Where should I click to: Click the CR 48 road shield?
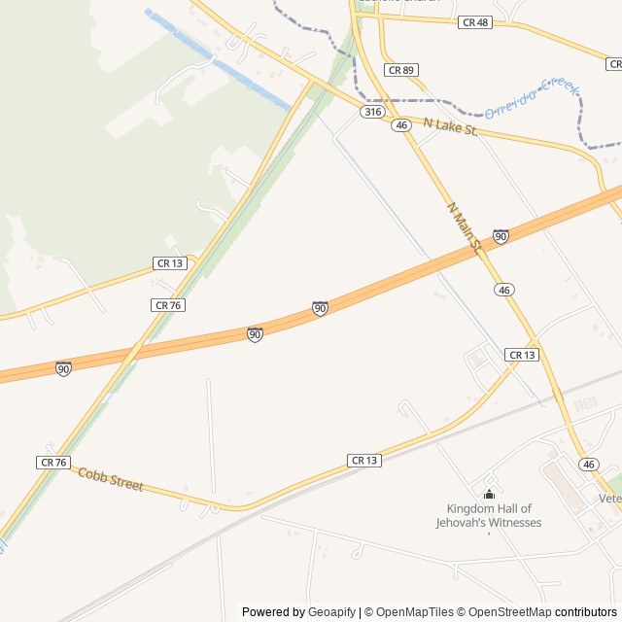coord(474,21)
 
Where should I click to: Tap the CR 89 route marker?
coord(401,70)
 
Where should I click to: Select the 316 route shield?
coord(372,113)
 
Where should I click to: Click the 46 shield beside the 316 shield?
coord(401,125)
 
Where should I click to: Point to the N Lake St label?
coord(450,126)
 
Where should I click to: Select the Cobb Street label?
coord(111,479)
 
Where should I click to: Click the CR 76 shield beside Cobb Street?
coord(53,463)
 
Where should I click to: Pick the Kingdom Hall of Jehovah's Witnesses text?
coord(489,515)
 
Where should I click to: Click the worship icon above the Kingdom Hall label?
coord(489,495)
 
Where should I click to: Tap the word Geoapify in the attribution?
coord(332,612)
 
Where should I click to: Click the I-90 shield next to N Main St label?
coord(501,236)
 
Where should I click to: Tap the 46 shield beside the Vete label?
coord(589,465)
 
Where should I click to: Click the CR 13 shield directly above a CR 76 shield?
coord(169,263)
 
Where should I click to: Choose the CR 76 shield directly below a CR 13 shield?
coord(168,305)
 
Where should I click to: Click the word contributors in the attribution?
coord(586,612)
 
